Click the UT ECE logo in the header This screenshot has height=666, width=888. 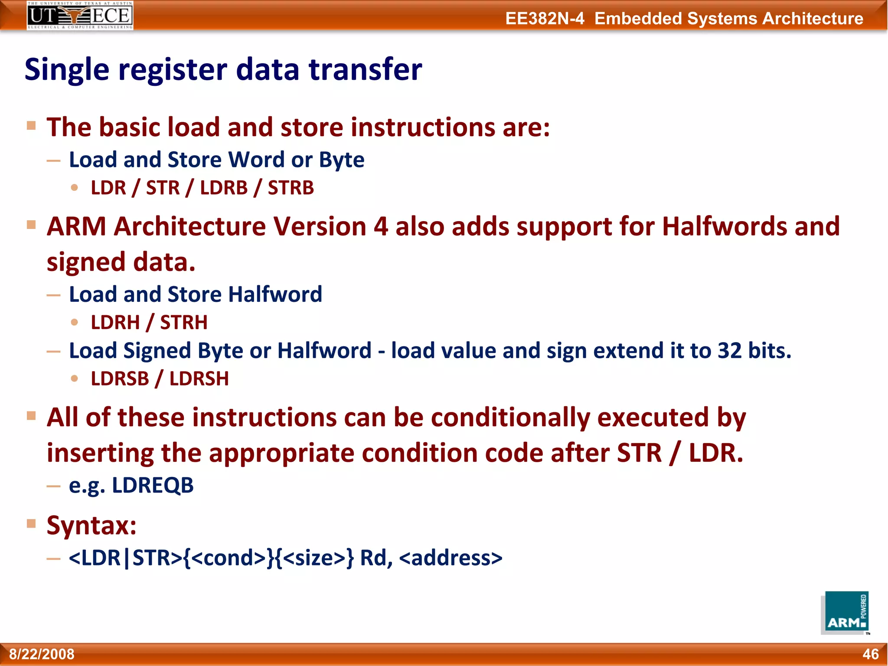[80, 16]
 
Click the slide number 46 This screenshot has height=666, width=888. [870, 654]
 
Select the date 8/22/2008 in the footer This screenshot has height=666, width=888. [42, 654]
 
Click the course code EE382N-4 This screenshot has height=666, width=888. [545, 19]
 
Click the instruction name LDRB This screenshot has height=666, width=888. [224, 188]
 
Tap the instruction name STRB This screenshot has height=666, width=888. [291, 188]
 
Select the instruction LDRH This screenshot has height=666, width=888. [115, 323]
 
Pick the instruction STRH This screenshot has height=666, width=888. [184, 323]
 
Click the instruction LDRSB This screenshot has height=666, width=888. [120, 379]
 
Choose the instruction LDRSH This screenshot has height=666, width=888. [199, 379]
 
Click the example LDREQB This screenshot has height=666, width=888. [153, 485]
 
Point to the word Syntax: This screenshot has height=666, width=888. [91, 526]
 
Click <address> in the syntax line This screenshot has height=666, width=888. [451, 558]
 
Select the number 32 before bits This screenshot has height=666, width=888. [730, 350]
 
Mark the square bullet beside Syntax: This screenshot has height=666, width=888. [31, 523]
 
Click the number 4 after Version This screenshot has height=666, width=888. [381, 226]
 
